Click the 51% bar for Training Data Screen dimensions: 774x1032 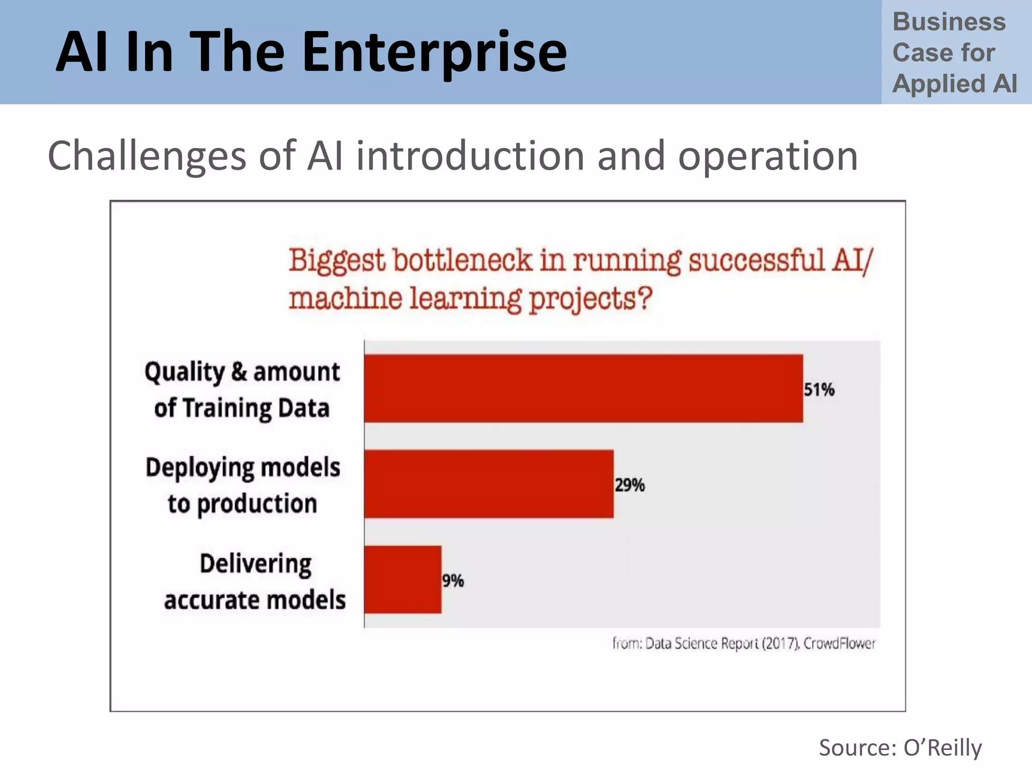point(584,388)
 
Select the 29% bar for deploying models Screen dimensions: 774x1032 point(489,484)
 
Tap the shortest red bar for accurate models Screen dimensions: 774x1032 point(403,579)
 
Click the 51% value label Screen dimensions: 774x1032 point(819,390)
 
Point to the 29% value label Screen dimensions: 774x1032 point(629,485)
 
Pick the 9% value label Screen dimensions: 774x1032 point(453,581)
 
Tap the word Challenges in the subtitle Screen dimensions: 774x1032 point(147,156)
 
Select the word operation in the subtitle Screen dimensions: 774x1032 point(768,156)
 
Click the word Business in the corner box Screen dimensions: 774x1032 point(949,22)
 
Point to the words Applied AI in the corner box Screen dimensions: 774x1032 point(954,84)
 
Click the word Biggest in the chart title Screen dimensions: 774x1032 point(337,262)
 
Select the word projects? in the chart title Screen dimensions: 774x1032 point(590,299)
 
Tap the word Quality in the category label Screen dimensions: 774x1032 point(184,373)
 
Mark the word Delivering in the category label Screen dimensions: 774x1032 point(255,564)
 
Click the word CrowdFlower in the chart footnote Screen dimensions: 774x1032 point(840,643)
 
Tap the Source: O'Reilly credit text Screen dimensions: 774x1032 point(900,748)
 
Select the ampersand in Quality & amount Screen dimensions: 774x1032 point(239,372)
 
